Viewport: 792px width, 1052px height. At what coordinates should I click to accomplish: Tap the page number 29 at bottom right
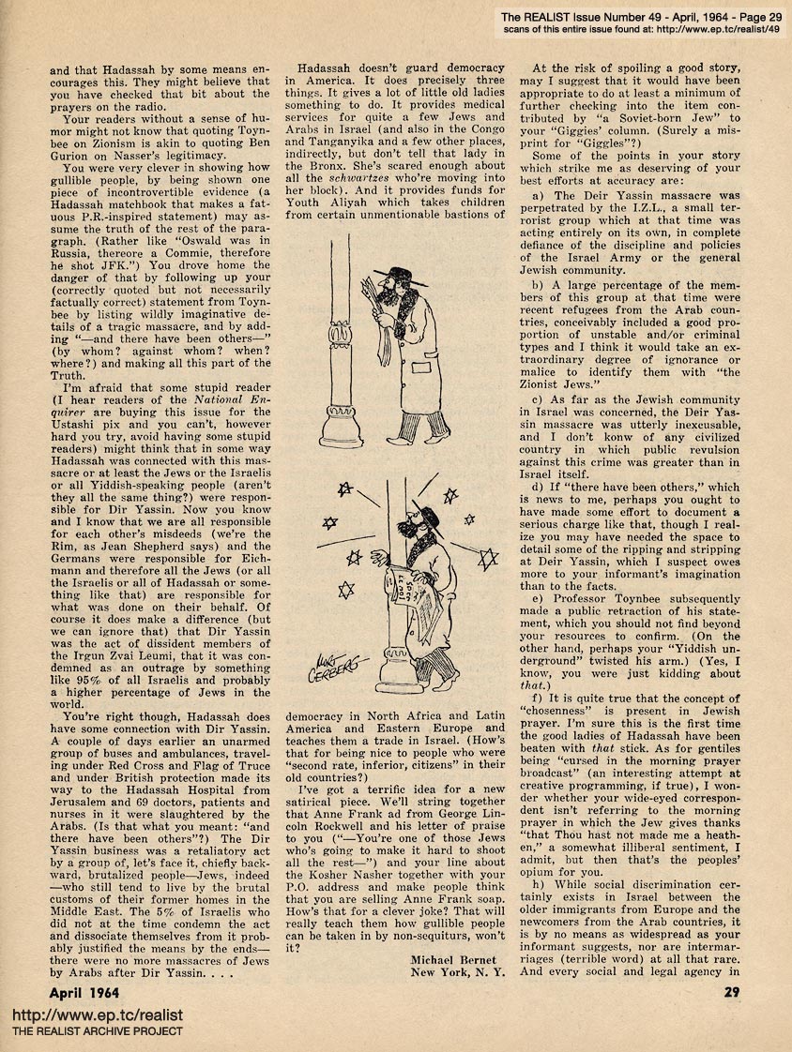point(731,989)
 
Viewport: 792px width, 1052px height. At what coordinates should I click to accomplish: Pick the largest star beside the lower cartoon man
point(487,560)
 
